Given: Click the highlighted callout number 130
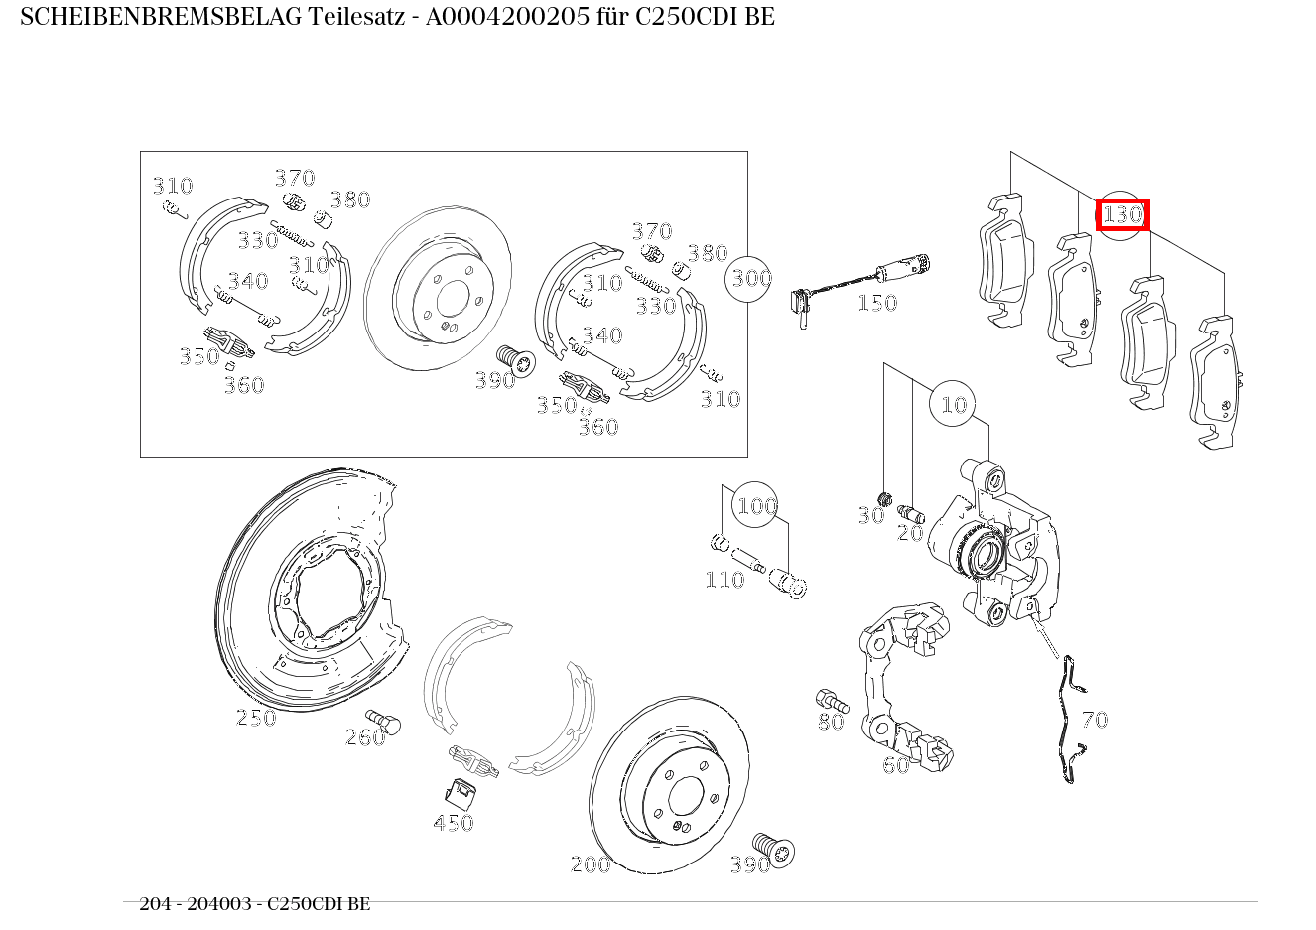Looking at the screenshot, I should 1122,214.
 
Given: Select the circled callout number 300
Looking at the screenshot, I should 751,278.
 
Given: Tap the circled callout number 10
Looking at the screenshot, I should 953,405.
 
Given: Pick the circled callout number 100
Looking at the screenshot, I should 756,507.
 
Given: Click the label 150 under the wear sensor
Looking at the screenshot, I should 876,304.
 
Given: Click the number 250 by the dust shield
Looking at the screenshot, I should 255,718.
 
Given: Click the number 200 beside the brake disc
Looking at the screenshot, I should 591,864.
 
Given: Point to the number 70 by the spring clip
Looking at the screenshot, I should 1094,720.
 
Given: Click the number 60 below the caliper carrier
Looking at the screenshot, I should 895,765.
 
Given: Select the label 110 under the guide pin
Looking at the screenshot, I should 724,580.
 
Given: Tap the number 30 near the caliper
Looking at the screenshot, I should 869,515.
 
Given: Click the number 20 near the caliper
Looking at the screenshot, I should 909,533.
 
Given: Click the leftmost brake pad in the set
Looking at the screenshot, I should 1004,260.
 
